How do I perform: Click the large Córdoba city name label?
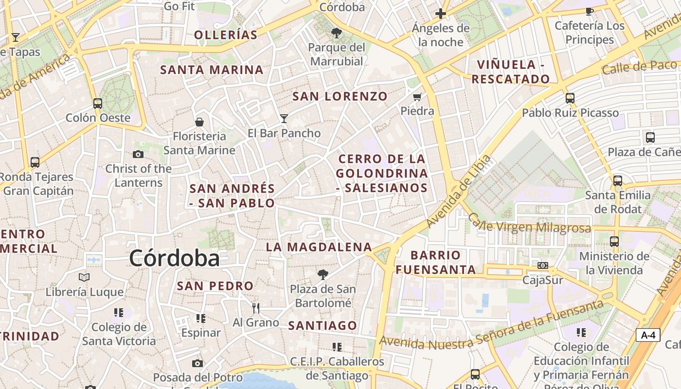click(x=174, y=258)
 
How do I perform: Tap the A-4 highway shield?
click(x=648, y=335)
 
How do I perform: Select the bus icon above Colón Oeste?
click(x=98, y=103)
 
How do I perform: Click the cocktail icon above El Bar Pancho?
click(x=284, y=118)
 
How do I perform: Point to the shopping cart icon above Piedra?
click(x=417, y=97)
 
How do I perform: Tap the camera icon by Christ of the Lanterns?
click(x=138, y=155)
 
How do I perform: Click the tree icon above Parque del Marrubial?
click(x=336, y=33)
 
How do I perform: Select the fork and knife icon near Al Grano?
click(x=256, y=308)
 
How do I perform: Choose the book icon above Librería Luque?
click(x=84, y=278)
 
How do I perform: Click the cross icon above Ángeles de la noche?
click(x=441, y=14)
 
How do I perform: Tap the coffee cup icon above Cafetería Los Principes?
click(x=590, y=11)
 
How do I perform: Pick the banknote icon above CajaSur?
click(x=543, y=265)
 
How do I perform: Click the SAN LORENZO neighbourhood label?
click(x=340, y=96)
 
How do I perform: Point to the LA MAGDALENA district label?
click(x=319, y=247)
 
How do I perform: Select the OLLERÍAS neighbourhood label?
click(x=226, y=35)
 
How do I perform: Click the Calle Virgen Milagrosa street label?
click(x=530, y=225)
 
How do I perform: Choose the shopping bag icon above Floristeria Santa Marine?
click(x=199, y=122)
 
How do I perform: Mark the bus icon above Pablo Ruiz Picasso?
click(x=570, y=98)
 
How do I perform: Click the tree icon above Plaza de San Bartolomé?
click(x=323, y=275)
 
